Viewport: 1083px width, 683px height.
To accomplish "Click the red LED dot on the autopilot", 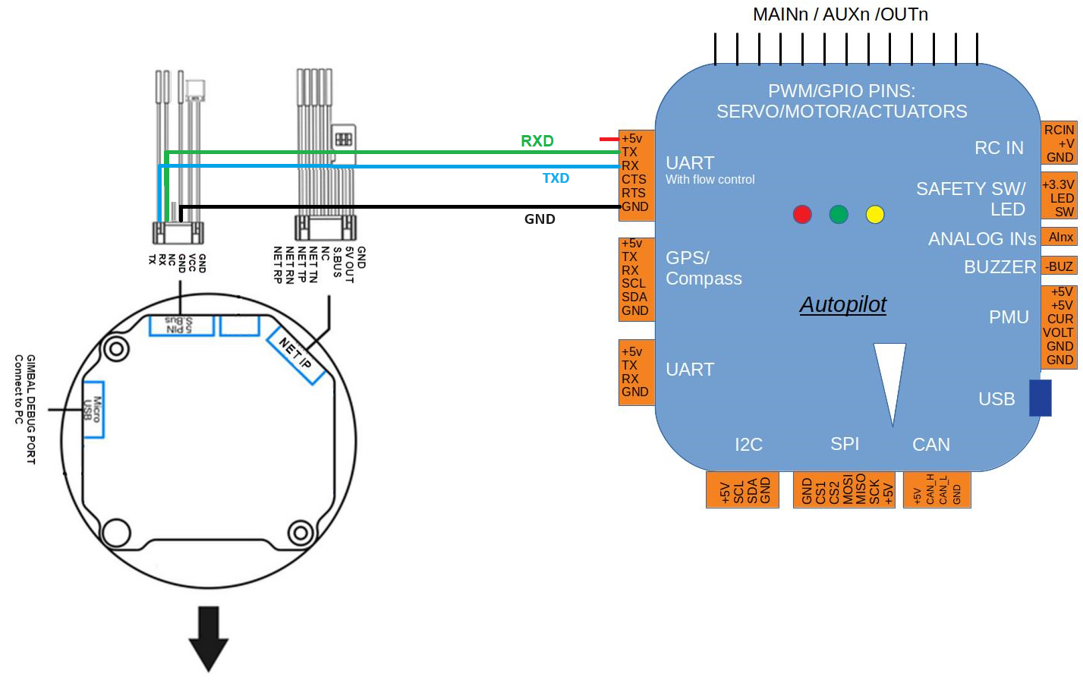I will click(802, 214).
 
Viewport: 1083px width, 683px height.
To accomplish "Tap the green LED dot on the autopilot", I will click(839, 214).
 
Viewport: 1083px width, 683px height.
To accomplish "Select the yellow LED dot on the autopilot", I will click(875, 214).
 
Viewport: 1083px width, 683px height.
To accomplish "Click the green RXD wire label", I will click(537, 141).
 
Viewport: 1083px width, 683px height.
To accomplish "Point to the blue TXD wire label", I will click(556, 178).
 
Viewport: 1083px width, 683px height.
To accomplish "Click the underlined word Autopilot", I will click(842, 304).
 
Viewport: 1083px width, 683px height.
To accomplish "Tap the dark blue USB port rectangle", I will click(1040, 398).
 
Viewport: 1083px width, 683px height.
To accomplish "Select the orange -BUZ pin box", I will click(1059, 266).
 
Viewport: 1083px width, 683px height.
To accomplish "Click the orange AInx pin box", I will click(1060, 238).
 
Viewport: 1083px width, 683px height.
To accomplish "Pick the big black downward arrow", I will click(209, 637).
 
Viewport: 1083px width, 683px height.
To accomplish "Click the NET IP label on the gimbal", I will click(295, 353).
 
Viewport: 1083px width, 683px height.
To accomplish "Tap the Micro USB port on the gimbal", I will click(93, 409).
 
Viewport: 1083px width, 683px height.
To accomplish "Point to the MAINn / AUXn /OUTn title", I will click(840, 14).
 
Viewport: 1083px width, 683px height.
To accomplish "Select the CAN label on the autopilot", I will click(930, 445).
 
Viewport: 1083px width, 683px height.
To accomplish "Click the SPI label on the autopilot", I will click(845, 444).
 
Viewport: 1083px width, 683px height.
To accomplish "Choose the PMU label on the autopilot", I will click(1009, 317).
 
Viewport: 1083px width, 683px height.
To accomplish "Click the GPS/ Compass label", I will click(703, 269).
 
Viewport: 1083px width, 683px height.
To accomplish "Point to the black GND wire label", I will click(540, 219).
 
